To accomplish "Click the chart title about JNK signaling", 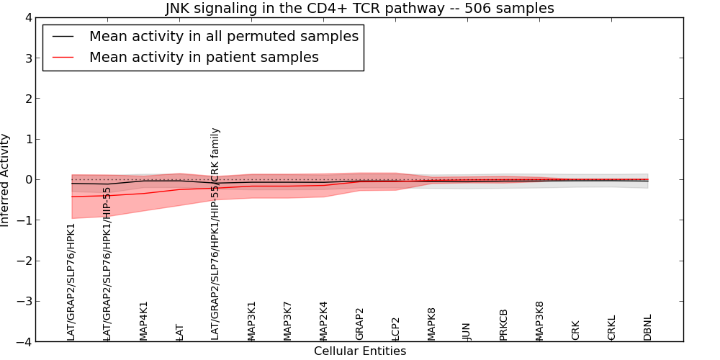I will point(360,9).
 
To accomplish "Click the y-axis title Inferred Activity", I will point(6,180).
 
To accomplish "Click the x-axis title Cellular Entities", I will point(360,351).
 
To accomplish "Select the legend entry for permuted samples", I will point(223,37).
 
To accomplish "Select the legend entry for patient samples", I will point(204,58).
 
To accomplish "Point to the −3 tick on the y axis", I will point(24,302).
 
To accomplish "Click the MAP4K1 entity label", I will point(144,320).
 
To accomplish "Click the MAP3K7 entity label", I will point(288,320).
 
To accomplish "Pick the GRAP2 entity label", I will point(360,324).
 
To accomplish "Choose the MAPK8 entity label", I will point(432,323).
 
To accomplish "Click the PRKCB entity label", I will point(504,324).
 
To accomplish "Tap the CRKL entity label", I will point(612,328).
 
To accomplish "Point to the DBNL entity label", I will point(648,327).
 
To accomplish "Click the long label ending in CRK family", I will point(215,234).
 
